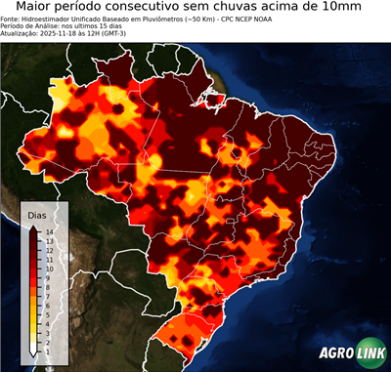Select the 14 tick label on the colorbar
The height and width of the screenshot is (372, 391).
point(49,231)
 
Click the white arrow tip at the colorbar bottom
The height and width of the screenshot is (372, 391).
point(34,349)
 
